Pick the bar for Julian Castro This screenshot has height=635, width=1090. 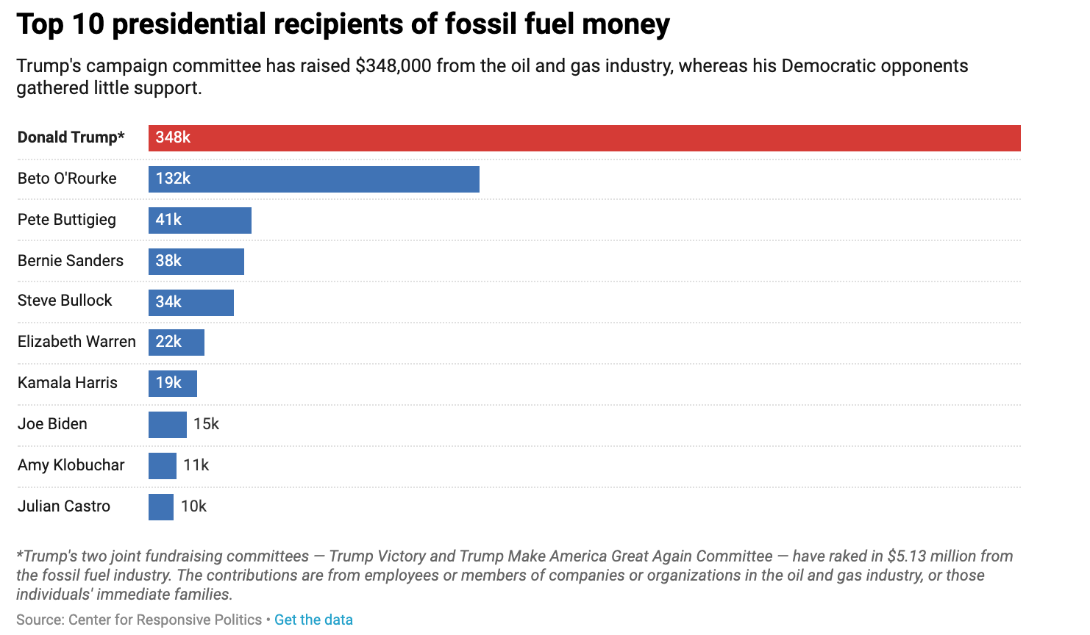(161, 507)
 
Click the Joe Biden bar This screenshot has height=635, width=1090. (168, 425)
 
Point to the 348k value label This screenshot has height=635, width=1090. (173, 137)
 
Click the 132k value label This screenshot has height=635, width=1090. (173, 179)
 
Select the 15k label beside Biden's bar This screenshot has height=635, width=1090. (206, 424)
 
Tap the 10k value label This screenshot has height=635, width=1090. (193, 506)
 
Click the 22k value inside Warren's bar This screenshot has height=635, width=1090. (168, 342)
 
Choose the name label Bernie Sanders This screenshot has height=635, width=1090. (71, 261)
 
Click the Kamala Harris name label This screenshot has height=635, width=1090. (68, 383)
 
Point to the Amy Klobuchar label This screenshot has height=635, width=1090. (71, 465)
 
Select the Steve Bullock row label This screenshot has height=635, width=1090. (65, 301)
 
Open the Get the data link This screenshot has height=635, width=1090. (313, 620)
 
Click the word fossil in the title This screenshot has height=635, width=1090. (468, 24)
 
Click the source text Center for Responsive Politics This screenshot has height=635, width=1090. (165, 620)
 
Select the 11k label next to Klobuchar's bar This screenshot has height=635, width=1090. (196, 465)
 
